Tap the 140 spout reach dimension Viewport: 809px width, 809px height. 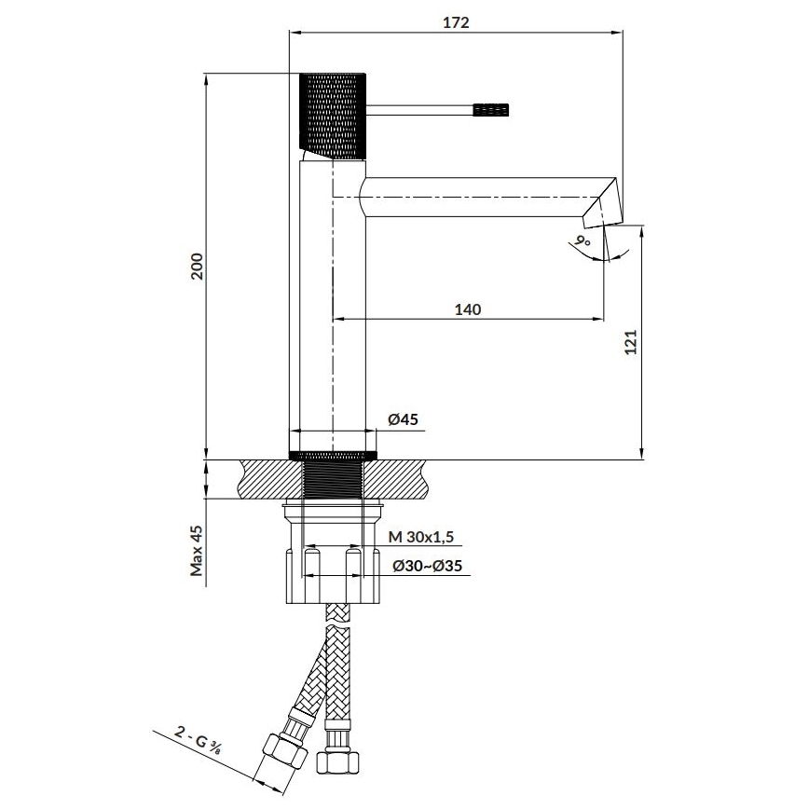point(468,309)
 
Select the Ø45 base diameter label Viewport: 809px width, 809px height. point(402,419)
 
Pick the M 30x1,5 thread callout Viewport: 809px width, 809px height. point(421,537)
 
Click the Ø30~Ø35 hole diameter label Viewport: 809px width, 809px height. point(429,566)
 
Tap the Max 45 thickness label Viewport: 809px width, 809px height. point(197,550)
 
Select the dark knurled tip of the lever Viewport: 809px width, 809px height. point(493,110)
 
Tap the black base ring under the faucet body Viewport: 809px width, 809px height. point(333,455)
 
